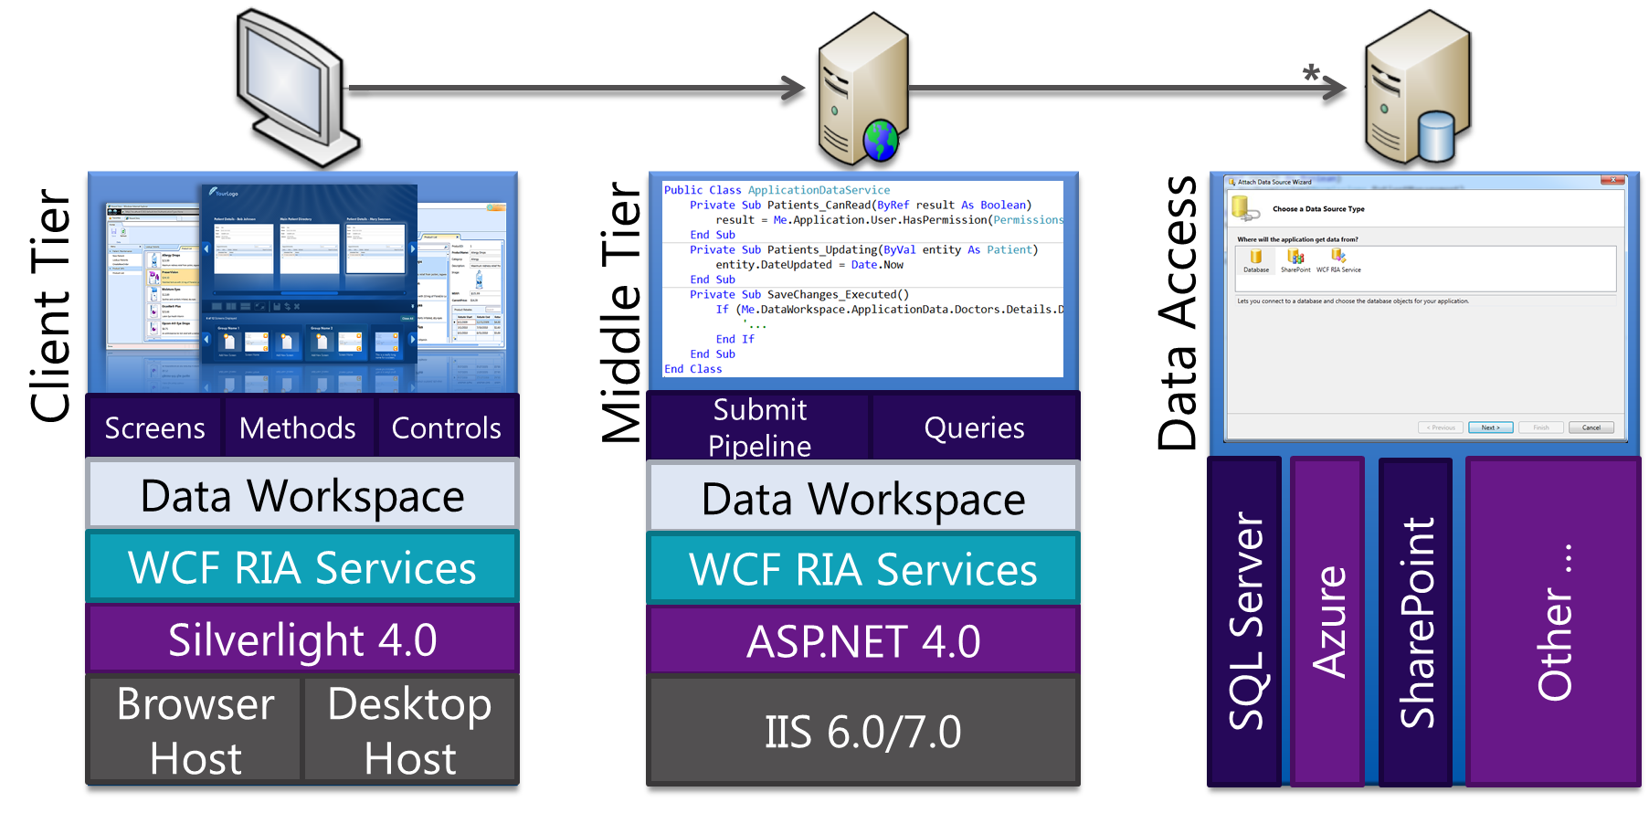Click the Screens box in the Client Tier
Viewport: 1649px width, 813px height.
click(x=154, y=428)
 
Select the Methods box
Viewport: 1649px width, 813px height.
click(x=298, y=428)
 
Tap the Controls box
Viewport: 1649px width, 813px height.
click(x=447, y=428)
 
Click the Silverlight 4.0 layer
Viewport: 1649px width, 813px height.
click(x=302, y=639)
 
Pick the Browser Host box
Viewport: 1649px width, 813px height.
click(x=196, y=731)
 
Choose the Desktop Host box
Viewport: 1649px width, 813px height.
click(x=410, y=731)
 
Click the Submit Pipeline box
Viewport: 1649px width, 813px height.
click(x=759, y=428)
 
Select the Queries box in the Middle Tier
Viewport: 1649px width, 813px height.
click(x=974, y=428)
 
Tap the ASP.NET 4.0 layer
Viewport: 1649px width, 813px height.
click(x=863, y=641)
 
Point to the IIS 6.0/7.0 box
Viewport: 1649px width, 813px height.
click(x=863, y=732)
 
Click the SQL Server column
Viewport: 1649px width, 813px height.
click(x=1245, y=621)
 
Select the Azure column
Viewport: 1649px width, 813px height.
click(x=1328, y=621)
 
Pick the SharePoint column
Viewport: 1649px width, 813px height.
click(x=1416, y=621)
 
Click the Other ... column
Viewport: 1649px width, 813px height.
click(x=1554, y=621)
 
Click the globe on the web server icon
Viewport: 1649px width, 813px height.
click(x=881, y=141)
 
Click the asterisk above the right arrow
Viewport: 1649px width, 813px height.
click(x=1311, y=72)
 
